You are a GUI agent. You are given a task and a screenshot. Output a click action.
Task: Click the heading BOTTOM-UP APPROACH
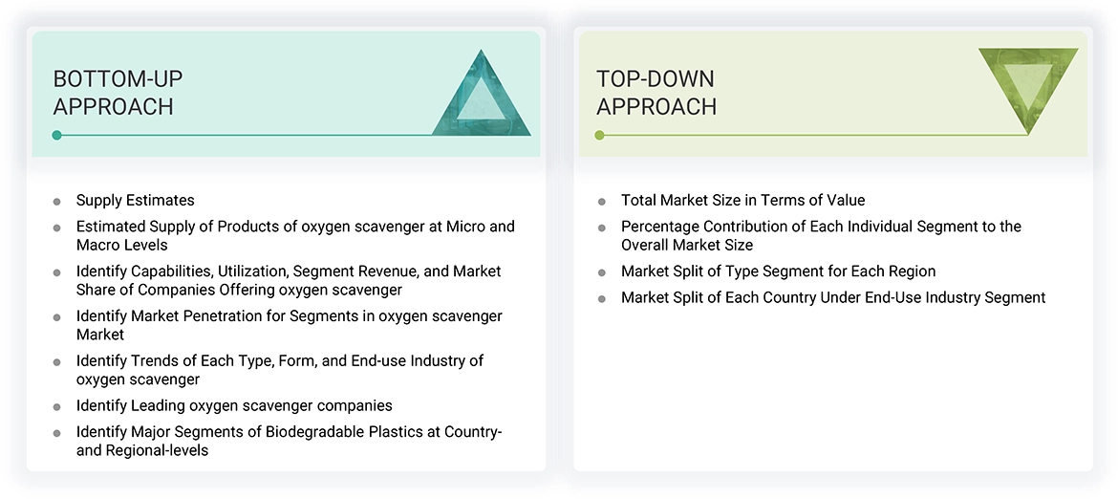pos(118,93)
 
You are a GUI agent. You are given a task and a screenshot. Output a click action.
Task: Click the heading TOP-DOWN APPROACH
pos(656,93)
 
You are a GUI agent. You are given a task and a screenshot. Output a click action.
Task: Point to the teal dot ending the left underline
pos(57,135)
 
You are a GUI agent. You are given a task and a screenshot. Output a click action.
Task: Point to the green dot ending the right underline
pos(599,135)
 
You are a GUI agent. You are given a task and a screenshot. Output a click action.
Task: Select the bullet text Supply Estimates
pos(135,200)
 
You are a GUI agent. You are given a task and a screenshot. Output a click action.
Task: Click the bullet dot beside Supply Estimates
pos(57,202)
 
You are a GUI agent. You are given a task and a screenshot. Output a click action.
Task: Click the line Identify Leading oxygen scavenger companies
pos(234,405)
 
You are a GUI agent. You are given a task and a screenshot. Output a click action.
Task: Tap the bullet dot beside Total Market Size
pos(602,202)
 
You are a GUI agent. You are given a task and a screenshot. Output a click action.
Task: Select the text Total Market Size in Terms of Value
pos(742,200)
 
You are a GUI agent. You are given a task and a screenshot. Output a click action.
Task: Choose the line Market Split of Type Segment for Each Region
pos(778,271)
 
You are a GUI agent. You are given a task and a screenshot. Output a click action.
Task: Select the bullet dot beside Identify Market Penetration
pos(57,317)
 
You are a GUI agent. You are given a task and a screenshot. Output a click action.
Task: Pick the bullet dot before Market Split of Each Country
pos(602,299)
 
